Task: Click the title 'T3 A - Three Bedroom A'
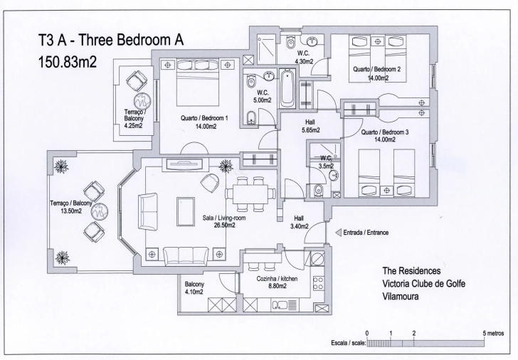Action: point(111,41)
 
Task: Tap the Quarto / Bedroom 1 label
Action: point(203,122)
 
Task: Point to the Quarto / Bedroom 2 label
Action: point(377,74)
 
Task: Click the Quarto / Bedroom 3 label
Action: point(385,136)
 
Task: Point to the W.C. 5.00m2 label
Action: point(263,96)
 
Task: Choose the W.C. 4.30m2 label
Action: point(304,57)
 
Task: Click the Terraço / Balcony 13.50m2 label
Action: point(71,207)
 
